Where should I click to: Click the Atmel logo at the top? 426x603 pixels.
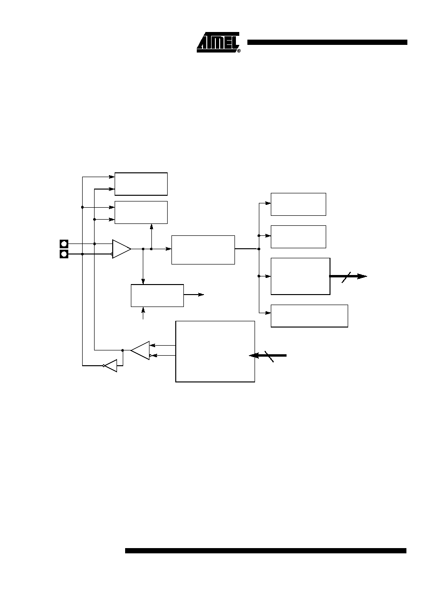coord(218,42)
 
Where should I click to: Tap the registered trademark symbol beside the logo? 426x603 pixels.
coord(239,51)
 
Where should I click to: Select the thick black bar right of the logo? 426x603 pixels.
coord(327,42)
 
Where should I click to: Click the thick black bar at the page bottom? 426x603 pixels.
coord(266,550)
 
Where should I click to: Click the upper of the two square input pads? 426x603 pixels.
coord(64,244)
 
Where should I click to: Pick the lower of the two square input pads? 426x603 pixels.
coord(64,254)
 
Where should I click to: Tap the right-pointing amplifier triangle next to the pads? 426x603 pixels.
coord(121,249)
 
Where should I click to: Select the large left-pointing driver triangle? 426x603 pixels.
coord(140,350)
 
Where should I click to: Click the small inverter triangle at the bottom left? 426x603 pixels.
coord(111,366)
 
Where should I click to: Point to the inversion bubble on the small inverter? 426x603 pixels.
coord(104,366)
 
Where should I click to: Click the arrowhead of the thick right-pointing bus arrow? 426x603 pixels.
coord(362,276)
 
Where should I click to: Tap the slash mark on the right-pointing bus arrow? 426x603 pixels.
coord(346,277)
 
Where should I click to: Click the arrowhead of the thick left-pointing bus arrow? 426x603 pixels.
coord(254,356)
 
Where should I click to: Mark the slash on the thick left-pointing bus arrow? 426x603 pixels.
coord(269,357)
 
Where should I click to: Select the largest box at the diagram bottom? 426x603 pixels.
coord(215,351)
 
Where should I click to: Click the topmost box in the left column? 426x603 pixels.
coord(141,184)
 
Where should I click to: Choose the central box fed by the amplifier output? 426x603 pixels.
coord(203,250)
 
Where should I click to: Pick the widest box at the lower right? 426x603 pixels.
coord(309,316)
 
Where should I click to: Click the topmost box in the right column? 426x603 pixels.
coord(298,204)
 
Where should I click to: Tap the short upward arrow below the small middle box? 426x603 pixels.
coord(143,313)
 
